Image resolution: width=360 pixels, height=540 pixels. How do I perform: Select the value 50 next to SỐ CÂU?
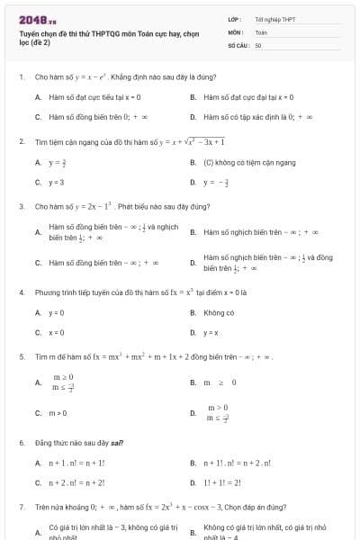258,44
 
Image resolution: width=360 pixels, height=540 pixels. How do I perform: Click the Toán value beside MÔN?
261,31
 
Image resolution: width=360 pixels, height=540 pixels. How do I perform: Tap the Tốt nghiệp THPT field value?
274,19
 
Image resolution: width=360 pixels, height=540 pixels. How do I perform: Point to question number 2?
21,141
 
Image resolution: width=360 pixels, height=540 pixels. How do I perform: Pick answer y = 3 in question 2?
56,181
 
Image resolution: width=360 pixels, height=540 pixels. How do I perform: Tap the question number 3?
21,206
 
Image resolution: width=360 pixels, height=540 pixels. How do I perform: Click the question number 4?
21,292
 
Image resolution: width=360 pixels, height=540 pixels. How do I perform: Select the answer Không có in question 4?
220,312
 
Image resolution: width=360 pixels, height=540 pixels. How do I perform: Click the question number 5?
21,357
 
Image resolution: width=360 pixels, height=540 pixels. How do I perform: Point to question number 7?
21,508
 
